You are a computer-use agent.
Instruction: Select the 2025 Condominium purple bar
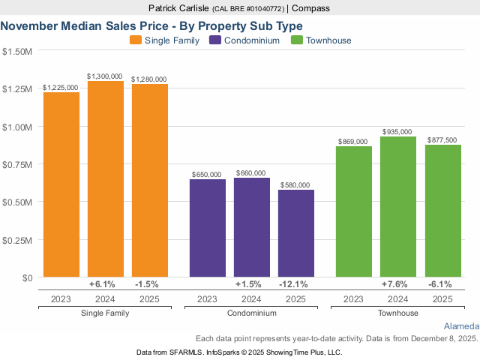point(296,233)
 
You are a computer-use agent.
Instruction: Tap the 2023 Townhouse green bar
point(354,211)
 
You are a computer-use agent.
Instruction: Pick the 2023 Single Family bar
point(61,184)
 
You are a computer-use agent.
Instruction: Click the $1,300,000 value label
point(106,76)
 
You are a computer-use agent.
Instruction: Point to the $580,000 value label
point(296,184)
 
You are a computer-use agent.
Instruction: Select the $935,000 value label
point(398,131)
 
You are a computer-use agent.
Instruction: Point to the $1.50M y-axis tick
point(17,52)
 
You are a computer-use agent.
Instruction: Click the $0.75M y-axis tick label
point(17,164)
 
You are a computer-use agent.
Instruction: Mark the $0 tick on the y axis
point(26,277)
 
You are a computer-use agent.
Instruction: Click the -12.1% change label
point(296,284)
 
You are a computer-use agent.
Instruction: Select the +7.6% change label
point(398,284)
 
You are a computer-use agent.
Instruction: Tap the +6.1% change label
point(106,284)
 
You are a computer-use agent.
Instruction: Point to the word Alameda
point(460,327)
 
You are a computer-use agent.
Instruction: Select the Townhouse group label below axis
point(398,313)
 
